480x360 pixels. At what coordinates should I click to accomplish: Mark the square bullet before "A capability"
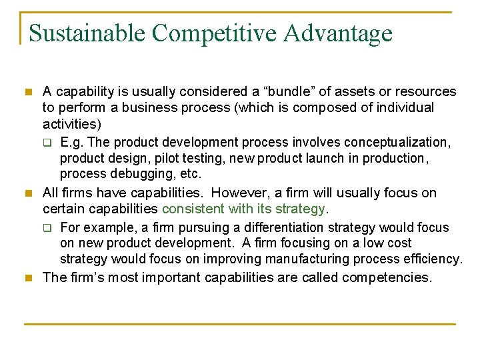27,91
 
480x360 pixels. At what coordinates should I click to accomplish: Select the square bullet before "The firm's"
27,277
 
